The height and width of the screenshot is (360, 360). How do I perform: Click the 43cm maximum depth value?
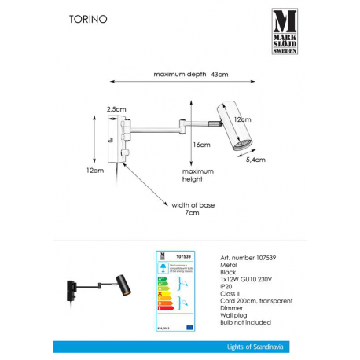(x=219, y=75)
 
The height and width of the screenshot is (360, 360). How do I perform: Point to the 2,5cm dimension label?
(x=116, y=110)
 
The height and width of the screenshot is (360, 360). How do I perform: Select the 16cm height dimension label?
(x=201, y=145)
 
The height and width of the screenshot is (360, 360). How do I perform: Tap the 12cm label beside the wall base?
(x=95, y=171)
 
